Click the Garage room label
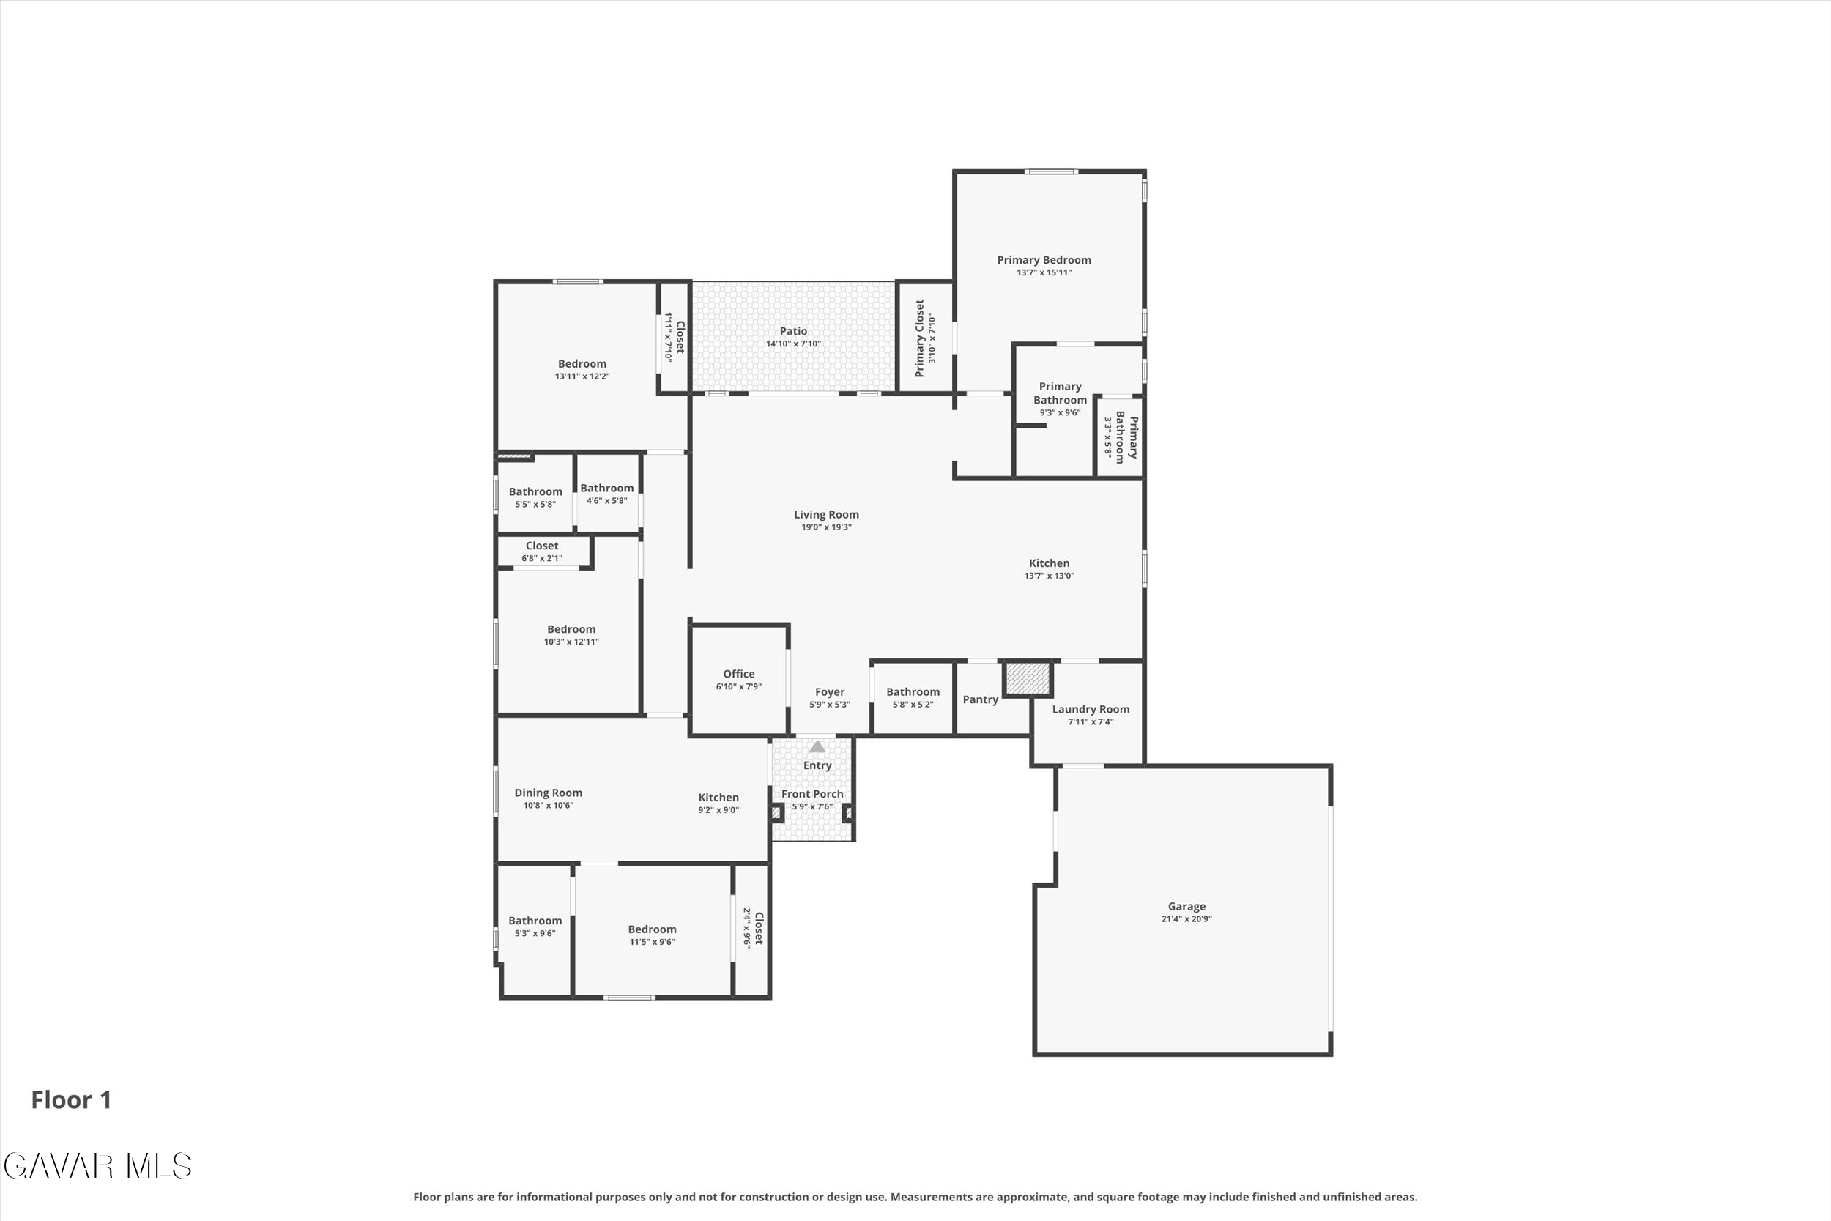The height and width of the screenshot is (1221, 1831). tap(1186, 906)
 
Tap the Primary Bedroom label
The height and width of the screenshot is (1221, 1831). tap(1044, 260)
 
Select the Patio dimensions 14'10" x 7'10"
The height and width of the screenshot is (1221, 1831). tap(793, 344)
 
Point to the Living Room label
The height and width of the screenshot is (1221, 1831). tap(826, 515)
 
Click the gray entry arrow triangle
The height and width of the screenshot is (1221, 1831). tap(817, 747)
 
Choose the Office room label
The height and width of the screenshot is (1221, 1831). tap(739, 675)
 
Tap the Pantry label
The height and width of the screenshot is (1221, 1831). tap(980, 700)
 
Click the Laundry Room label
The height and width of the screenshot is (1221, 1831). tap(1091, 710)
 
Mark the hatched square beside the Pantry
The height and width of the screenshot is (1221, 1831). tap(1028, 678)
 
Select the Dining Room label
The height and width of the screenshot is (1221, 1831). tap(548, 793)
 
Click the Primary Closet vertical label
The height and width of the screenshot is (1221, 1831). tap(919, 338)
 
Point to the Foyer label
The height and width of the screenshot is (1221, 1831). tap(830, 692)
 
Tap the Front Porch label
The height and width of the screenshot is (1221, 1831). tap(812, 794)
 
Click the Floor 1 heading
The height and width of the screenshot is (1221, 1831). tap(72, 1100)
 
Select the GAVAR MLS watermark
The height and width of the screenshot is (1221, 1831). tap(97, 1167)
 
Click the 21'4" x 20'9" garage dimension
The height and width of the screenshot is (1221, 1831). tap(1186, 919)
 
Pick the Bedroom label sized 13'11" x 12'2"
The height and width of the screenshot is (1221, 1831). tap(582, 363)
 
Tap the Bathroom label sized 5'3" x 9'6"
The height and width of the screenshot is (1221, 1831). tap(535, 921)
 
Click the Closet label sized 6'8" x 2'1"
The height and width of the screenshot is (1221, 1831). tap(542, 546)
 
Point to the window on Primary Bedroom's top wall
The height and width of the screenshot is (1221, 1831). tap(1051, 171)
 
